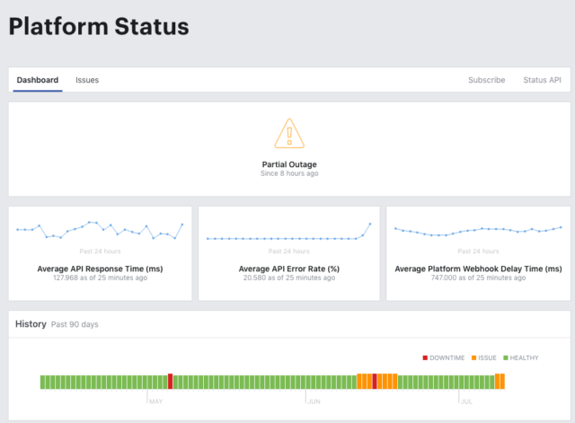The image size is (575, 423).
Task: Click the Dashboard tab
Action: pos(38,80)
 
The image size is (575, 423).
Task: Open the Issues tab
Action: pos(87,80)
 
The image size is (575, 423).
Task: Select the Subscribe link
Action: pos(487,80)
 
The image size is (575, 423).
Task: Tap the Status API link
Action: pos(542,80)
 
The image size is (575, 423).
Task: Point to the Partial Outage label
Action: pos(289,164)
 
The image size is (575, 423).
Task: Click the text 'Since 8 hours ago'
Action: pos(289,173)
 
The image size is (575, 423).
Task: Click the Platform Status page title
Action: pos(99,26)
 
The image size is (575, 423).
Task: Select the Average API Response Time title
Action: pos(100,269)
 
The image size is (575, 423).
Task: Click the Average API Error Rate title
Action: pos(289,269)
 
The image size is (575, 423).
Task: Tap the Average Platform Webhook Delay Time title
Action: pos(478,269)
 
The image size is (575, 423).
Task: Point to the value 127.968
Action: pos(66,278)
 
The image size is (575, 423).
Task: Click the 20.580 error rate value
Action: pos(254,278)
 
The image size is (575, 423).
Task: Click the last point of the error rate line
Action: pos(370,224)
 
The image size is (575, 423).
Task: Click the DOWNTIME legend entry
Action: pos(444,357)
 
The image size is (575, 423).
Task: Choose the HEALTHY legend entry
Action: pos(521,357)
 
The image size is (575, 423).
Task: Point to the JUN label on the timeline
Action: pos(314,401)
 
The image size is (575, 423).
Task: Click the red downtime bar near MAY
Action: pos(170,381)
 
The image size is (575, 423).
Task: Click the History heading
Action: pos(31,324)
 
